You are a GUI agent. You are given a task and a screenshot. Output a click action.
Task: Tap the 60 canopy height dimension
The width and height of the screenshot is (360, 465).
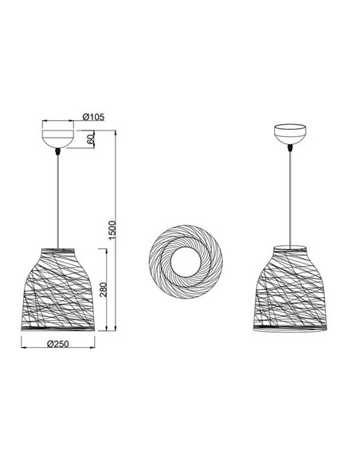pyautogui.click(x=92, y=139)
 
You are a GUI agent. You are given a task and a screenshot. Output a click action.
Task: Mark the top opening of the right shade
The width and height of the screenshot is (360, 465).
pyautogui.click(x=290, y=242)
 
